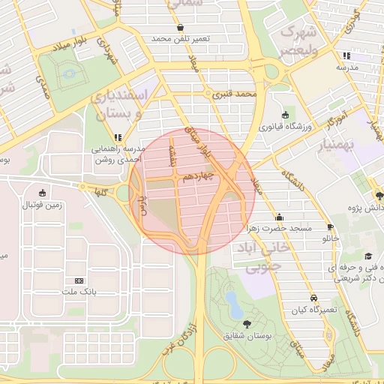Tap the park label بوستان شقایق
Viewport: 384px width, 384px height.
(247, 333)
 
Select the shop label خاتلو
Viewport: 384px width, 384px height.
(331, 238)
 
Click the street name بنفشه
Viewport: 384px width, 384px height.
(171, 157)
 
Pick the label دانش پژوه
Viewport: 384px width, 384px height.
(365, 206)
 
